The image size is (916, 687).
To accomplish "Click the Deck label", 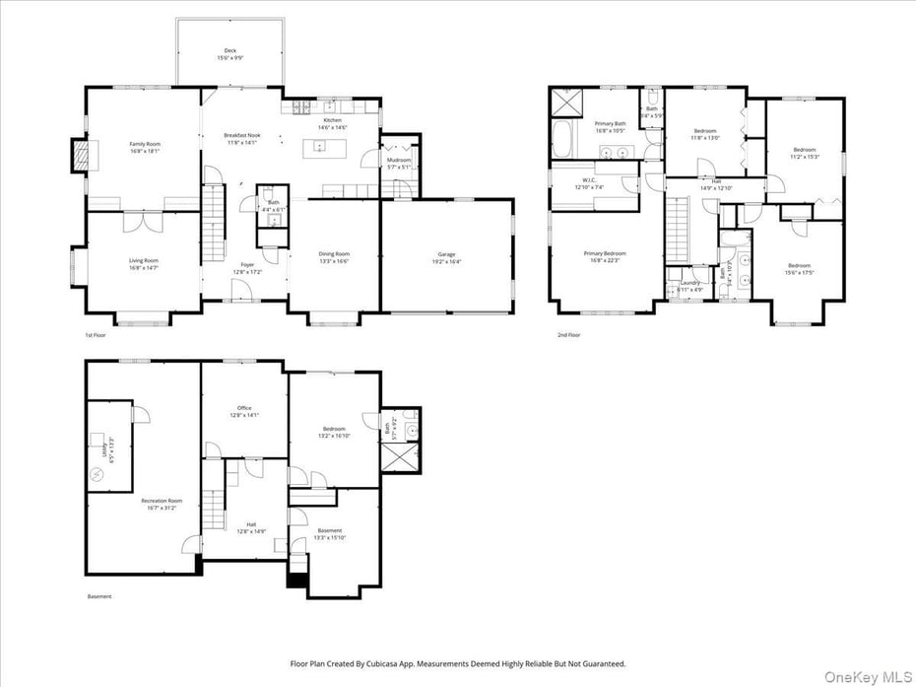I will [229, 54].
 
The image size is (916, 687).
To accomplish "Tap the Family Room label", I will [145, 148].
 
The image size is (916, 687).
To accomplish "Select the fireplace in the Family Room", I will [80, 155].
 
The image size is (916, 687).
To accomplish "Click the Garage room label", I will [446, 258].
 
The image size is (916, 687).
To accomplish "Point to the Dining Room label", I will [334, 258].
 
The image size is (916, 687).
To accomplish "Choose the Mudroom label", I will [399, 163].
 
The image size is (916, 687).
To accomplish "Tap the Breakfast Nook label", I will [241, 138].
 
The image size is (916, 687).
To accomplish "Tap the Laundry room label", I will [690, 286].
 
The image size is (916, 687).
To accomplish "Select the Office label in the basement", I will [244, 411].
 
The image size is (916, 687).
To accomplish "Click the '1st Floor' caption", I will [97, 335].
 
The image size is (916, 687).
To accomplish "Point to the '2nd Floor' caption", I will [568, 335].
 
